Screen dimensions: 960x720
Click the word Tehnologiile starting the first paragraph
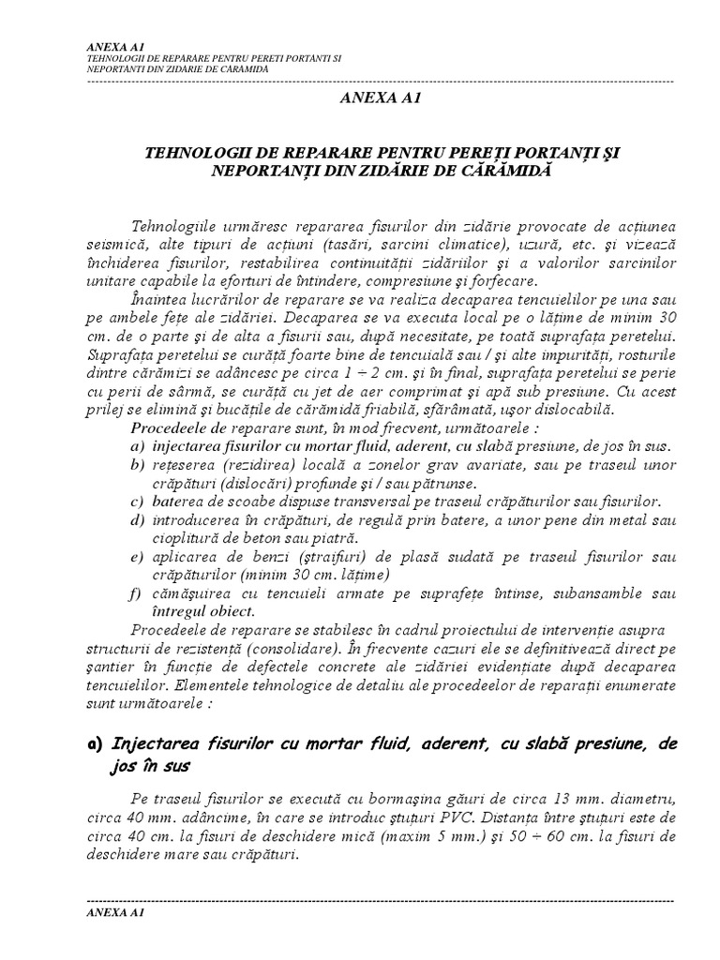point(176,229)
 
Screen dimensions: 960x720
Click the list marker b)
point(137,466)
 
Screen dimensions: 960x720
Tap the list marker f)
point(137,593)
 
